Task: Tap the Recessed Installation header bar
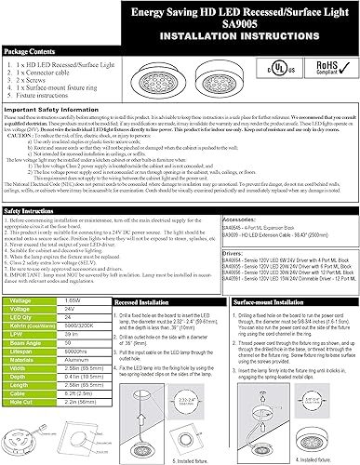[x=140, y=303]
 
